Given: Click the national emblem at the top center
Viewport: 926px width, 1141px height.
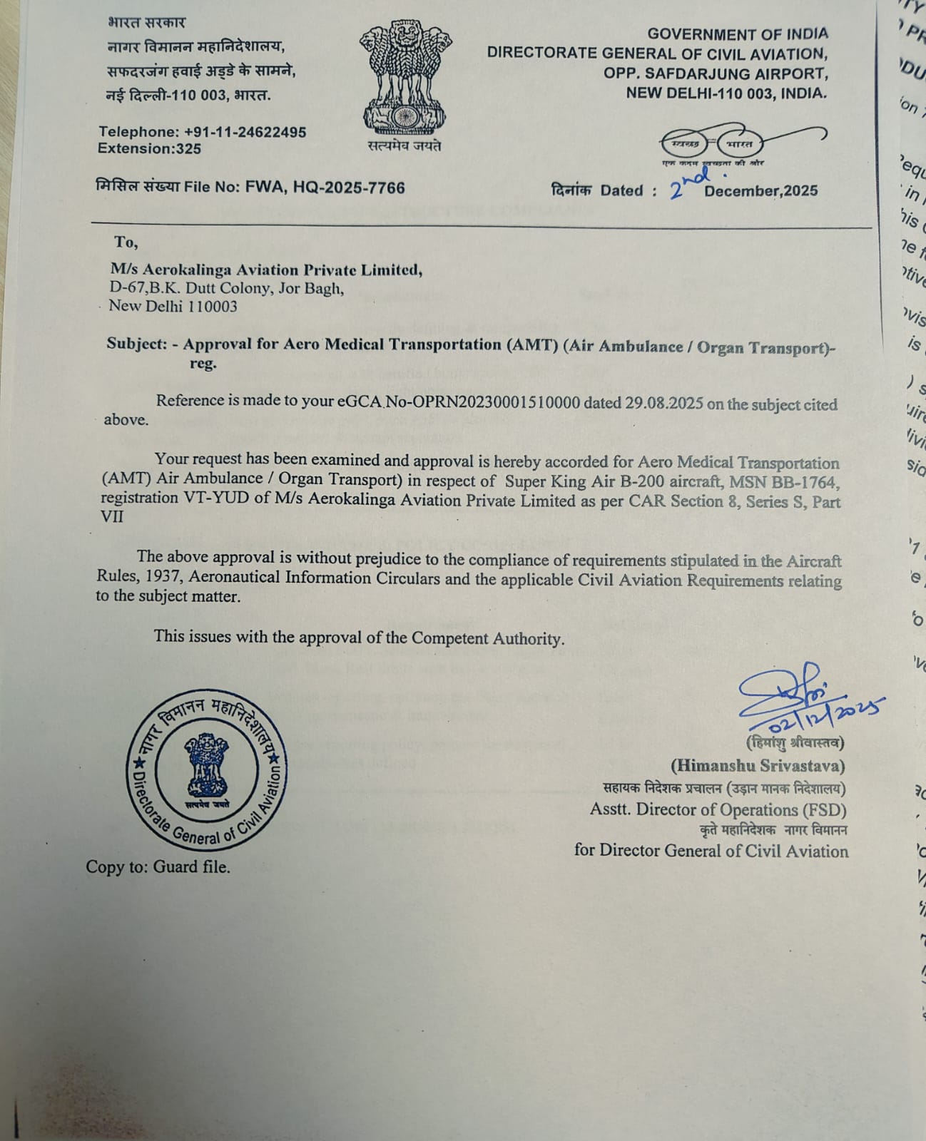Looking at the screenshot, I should (x=405, y=78).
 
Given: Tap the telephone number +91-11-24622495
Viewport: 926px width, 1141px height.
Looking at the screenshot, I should (x=245, y=132).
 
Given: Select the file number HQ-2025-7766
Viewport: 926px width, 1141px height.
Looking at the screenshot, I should (x=349, y=188).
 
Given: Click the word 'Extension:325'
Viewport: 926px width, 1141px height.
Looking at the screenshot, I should (x=149, y=149).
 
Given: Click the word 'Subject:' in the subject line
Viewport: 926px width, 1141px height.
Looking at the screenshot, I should (x=136, y=343).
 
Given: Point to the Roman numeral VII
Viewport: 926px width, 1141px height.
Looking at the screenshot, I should (x=112, y=516).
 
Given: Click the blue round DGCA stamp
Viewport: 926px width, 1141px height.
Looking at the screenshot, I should (x=207, y=770).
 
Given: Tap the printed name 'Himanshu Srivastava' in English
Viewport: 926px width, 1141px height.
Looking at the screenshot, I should (x=757, y=766).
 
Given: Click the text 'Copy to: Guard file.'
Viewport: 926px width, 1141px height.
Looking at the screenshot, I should (x=158, y=867).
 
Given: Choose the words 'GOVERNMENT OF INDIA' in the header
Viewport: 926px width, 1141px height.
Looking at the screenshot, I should (x=738, y=34).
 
